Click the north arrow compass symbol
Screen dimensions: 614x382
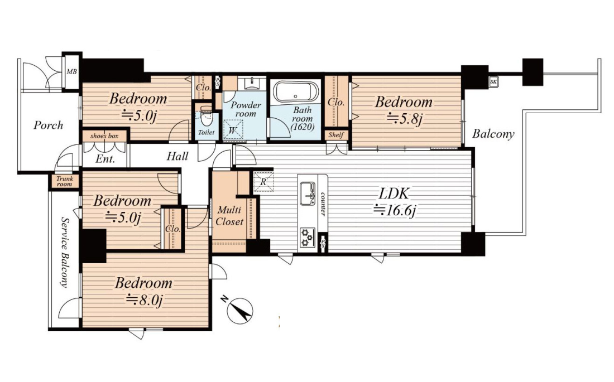click(239, 311)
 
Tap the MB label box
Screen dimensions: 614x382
click(71, 71)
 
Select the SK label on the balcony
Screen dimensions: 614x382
click(493, 82)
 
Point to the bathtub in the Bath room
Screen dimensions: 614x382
click(296, 93)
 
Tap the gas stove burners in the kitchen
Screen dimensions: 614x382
click(308, 238)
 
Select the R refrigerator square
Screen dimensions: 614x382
click(263, 182)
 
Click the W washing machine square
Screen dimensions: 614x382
click(233, 129)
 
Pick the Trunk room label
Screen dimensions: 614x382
click(65, 182)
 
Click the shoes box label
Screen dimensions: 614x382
click(104, 136)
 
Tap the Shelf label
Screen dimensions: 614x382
click(336, 134)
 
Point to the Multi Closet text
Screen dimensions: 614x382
click(229, 216)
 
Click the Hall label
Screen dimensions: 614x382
click(178, 156)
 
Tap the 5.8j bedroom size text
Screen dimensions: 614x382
click(405, 119)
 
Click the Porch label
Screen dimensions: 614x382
click(48, 125)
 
